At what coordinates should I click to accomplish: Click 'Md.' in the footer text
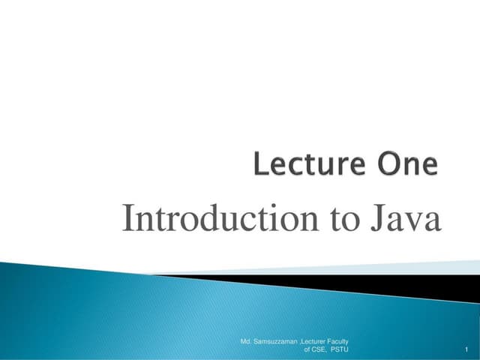245,341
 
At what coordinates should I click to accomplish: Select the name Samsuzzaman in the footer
274,341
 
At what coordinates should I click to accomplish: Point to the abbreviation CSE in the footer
321,349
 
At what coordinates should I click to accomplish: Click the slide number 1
466,350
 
